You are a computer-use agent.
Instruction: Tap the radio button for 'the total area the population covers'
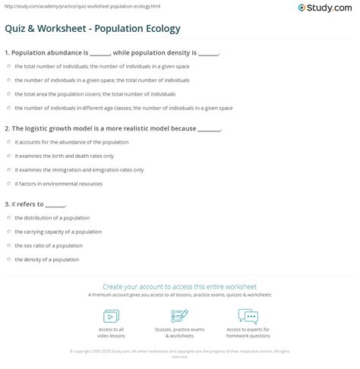tap(9, 94)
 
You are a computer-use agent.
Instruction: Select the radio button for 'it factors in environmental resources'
tap(9, 184)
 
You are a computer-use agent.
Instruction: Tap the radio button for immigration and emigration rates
tap(9, 170)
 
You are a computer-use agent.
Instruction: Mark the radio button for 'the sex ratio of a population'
tap(9, 245)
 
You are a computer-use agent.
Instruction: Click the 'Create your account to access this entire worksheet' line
tap(180, 287)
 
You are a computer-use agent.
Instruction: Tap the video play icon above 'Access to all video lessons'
tap(111, 316)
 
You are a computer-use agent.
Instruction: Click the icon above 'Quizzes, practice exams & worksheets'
tap(180, 316)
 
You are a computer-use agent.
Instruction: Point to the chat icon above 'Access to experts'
tap(248, 316)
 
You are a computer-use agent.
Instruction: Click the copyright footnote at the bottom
tap(180, 353)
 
